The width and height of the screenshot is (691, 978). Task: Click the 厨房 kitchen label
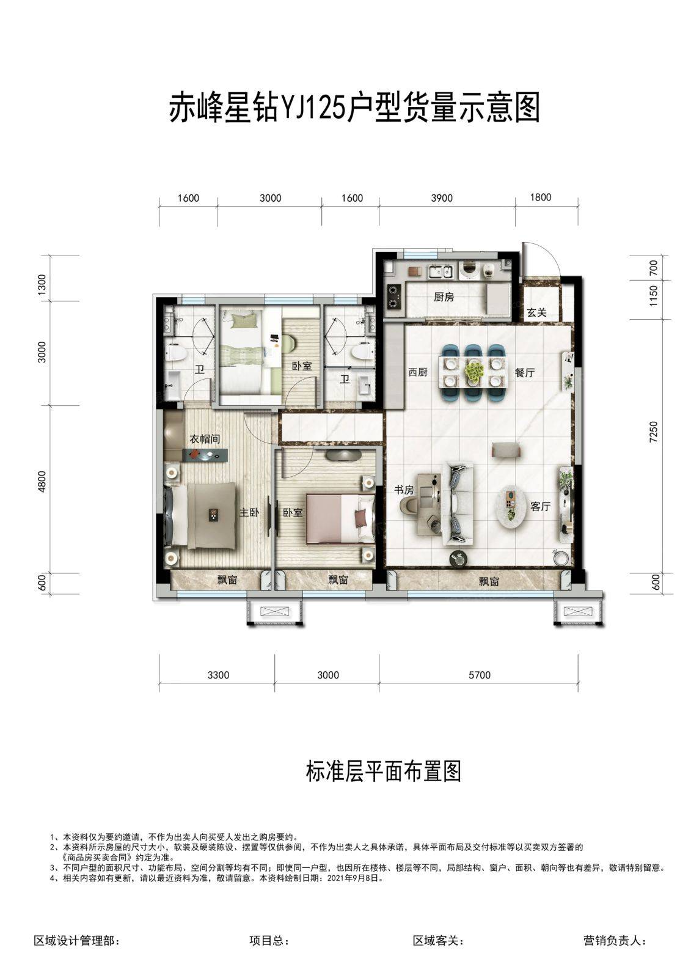tap(444, 297)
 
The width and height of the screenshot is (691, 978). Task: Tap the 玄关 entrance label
tap(536, 312)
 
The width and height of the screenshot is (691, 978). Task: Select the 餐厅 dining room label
tap(524, 373)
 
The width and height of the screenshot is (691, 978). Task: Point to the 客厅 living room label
tap(540, 507)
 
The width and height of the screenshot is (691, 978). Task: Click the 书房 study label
tap(404, 490)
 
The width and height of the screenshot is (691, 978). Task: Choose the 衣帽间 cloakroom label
tap(204, 439)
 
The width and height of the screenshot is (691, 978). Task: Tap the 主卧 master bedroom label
tap(249, 512)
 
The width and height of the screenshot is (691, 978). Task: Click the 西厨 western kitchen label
tap(418, 373)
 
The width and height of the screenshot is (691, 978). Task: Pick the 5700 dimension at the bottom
tap(479, 675)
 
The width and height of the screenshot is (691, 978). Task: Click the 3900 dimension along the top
tap(442, 198)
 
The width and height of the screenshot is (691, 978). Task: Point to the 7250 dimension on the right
tap(654, 432)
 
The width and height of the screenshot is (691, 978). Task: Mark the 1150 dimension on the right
tap(654, 296)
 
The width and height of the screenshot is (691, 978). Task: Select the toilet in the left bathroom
tap(177, 352)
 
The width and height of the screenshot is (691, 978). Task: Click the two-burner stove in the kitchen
tap(394, 296)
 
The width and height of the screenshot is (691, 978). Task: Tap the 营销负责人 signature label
tap(615, 941)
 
